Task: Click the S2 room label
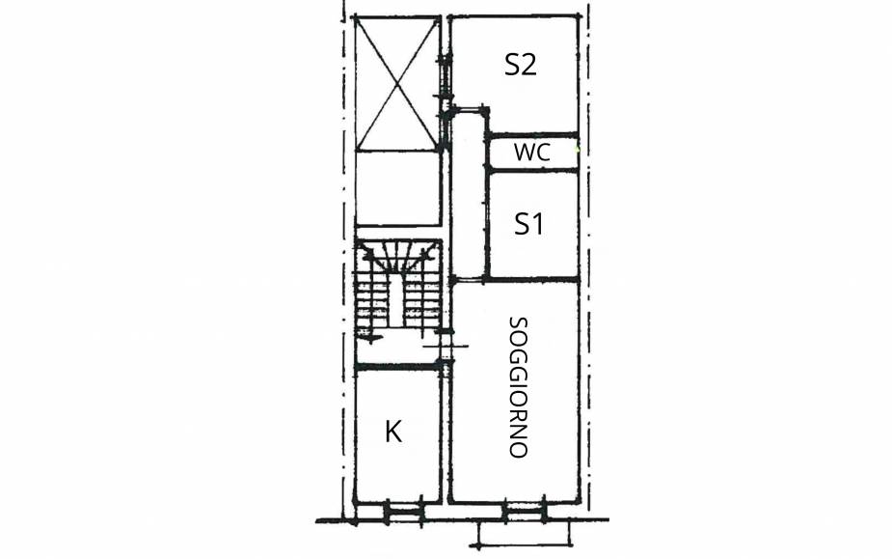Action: [521, 65]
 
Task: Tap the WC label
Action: [532, 153]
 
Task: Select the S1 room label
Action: [528, 223]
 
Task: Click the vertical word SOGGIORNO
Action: [518, 387]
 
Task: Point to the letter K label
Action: [393, 432]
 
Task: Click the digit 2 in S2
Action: [528, 65]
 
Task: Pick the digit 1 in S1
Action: [537, 223]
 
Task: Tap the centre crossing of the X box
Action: [396, 84]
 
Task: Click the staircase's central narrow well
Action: [396, 305]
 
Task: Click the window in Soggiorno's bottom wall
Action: [525, 511]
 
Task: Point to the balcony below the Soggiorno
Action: [524, 534]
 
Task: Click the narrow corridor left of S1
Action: [469, 194]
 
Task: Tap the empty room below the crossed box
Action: [396, 188]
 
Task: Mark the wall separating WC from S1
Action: [532, 169]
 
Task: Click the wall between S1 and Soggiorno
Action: [532, 279]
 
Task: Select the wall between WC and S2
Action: [532, 135]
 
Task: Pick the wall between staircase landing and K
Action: [397, 366]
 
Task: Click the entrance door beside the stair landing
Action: [446, 346]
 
